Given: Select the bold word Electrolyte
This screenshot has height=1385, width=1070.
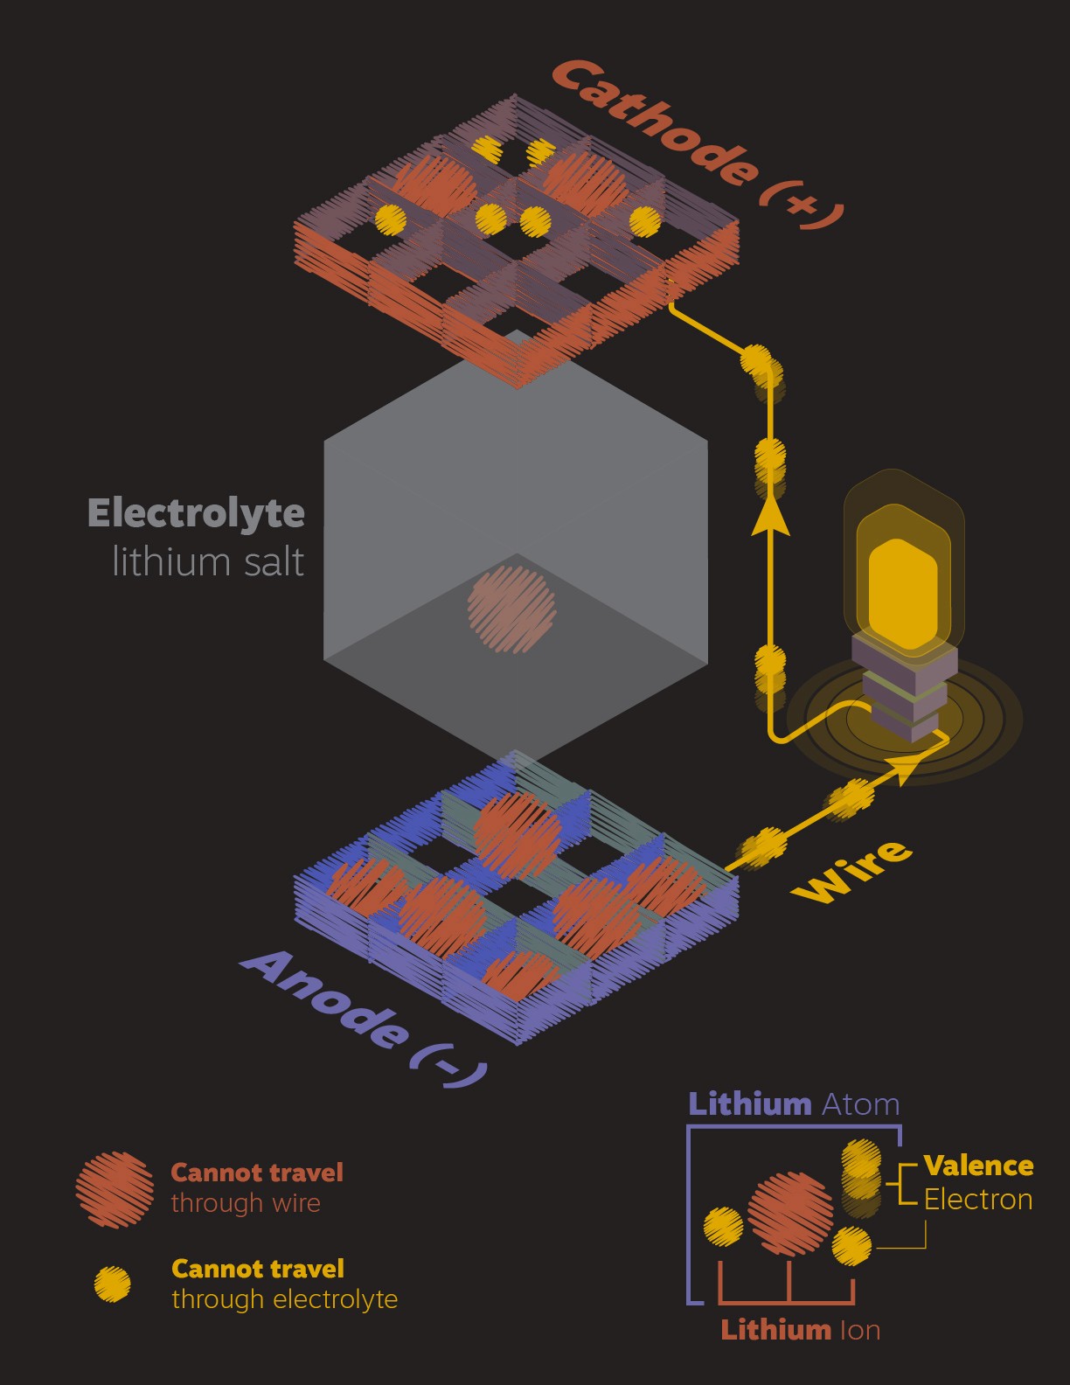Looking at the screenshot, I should click(196, 512).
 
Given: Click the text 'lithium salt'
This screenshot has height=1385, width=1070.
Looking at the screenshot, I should click(208, 561).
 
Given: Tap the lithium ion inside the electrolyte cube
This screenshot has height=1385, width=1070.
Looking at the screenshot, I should click(512, 609).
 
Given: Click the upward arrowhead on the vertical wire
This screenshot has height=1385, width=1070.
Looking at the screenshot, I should click(770, 516).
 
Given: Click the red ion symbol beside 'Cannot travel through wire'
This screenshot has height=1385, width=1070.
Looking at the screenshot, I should click(115, 1188).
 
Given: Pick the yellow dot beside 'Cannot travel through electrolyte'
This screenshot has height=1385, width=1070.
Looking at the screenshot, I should click(113, 1284).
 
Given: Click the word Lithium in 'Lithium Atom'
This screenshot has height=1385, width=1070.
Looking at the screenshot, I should click(750, 1104).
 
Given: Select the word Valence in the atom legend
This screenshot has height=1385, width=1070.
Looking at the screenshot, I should click(978, 1166).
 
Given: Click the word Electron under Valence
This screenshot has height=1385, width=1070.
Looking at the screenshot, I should click(978, 1200).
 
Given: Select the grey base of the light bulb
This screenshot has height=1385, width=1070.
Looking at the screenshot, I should click(904, 691).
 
